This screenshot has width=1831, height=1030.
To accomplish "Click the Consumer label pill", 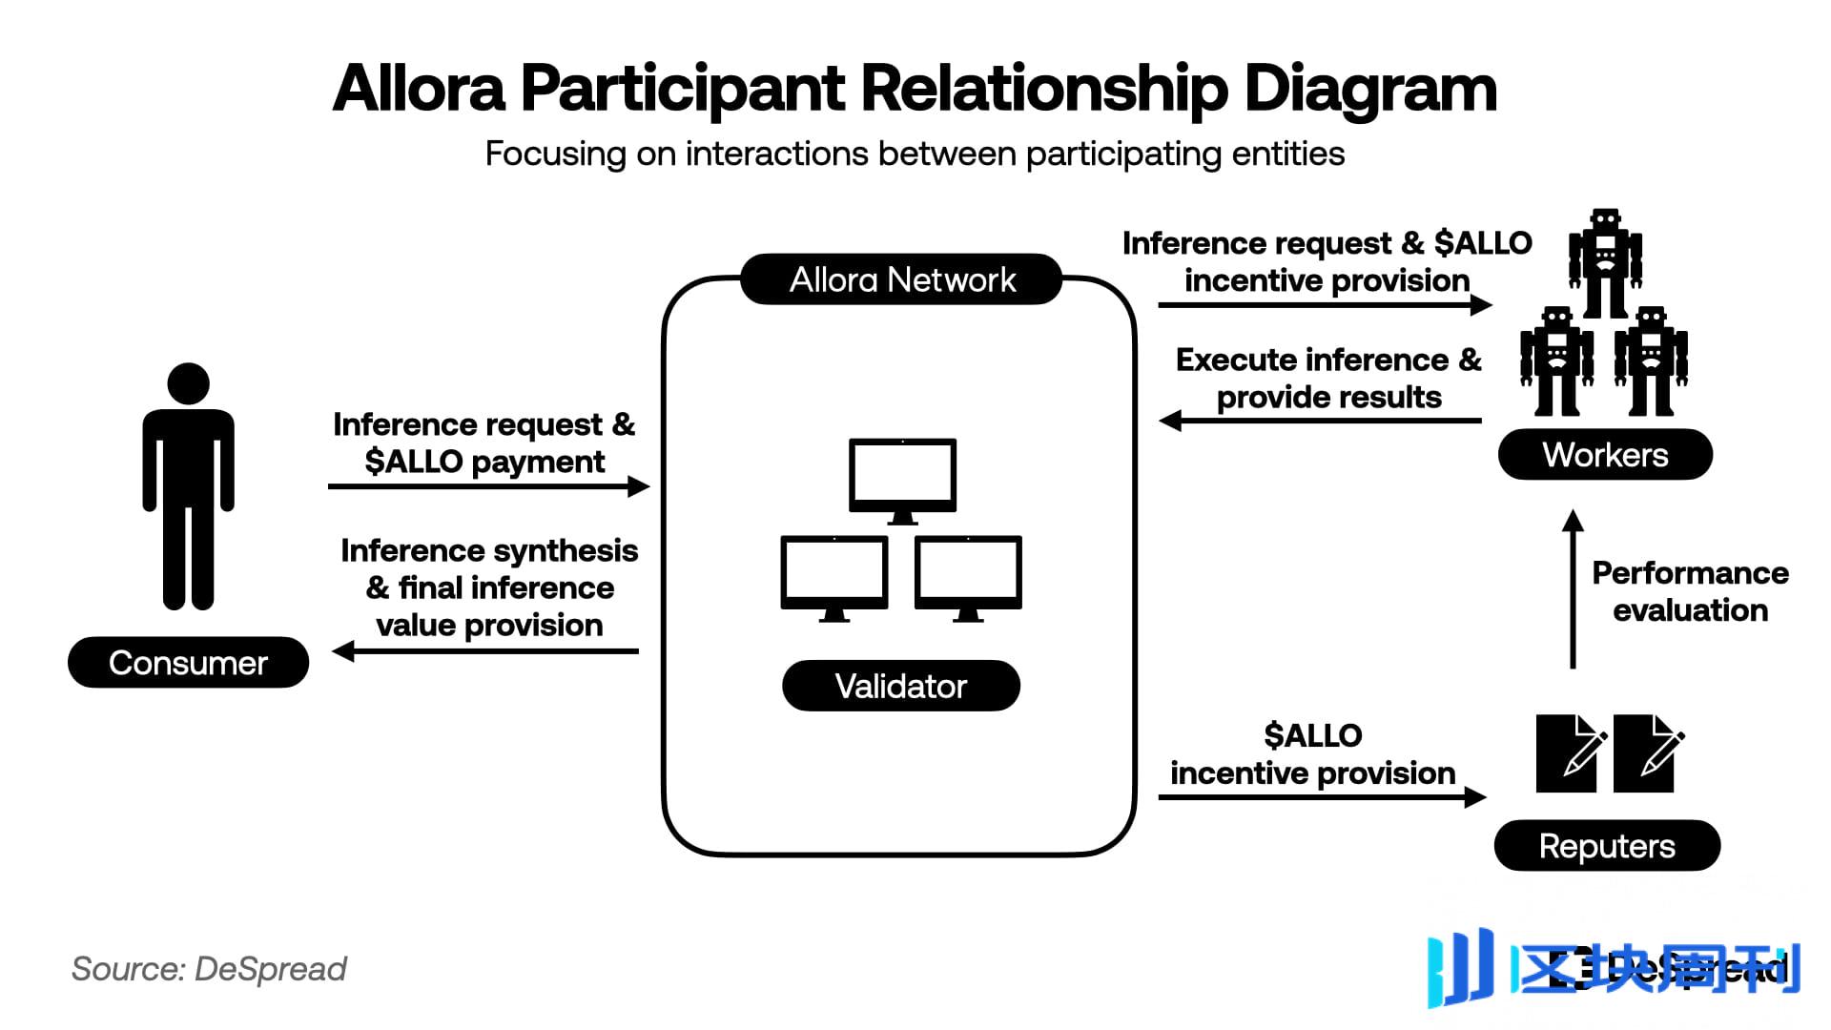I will pyautogui.click(x=188, y=662).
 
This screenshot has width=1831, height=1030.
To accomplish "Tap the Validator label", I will pyautogui.click(x=900, y=686).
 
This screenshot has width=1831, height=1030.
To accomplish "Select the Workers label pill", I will pyautogui.click(x=1605, y=455).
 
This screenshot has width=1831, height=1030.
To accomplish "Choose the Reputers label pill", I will pyautogui.click(x=1607, y=846).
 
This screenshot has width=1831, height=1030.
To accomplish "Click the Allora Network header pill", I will pyautogui.click(x=901, y=279).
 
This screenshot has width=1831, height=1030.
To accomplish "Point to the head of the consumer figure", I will pyautogui.click(x=188, y=383).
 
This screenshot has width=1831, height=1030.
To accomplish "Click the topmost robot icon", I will pyautogui.click(x=1606, y=262).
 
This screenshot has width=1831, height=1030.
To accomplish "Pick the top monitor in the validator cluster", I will pyautogui.click(x=902, y=477).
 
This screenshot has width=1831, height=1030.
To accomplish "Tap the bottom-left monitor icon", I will pyautogui.click(x=834, y=575).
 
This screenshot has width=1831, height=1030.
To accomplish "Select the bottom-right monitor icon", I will pyautogui.click(x=968, y=575).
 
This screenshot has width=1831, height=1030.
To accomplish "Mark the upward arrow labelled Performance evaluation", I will pyautogui.click(x=1573, y=591).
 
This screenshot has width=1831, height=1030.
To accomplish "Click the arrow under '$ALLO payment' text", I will pyautogui.click(x=488, y=486).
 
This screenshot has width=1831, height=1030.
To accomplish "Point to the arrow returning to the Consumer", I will pyautogui.click(x=486, y=651).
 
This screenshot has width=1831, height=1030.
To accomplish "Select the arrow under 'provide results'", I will pyautogui.click(x=1321, y=420).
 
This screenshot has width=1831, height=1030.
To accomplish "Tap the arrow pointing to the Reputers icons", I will pyautogui.click(x=1322, y=796).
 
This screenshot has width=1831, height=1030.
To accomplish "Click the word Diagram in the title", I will pyautogui.click(x=1369, y=90).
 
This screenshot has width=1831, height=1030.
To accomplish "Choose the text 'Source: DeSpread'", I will pyautogui.click(x=209, y=969).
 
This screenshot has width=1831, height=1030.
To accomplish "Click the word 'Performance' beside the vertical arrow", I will pyautogui.click(x=1690, y=573).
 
